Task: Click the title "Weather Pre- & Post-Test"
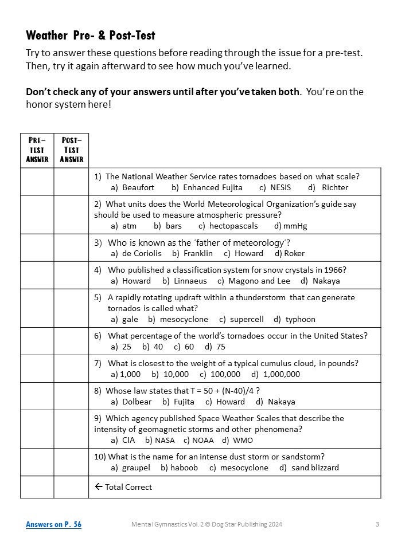[91, 36]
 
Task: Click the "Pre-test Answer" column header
[37, 150]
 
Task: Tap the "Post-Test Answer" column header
[71, 150]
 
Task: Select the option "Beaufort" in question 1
[138, 187]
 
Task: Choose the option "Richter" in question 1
[334, 187]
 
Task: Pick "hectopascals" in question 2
[233, 226]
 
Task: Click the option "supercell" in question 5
[247, 319]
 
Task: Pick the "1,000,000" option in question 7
[281, 374]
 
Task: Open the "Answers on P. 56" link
[53, 524]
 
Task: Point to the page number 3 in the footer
[377, 524]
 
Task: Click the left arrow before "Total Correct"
[98, 487]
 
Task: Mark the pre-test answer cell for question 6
[37, 341]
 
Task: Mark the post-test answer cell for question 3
[71, 247]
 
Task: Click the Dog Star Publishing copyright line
[206, 524]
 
